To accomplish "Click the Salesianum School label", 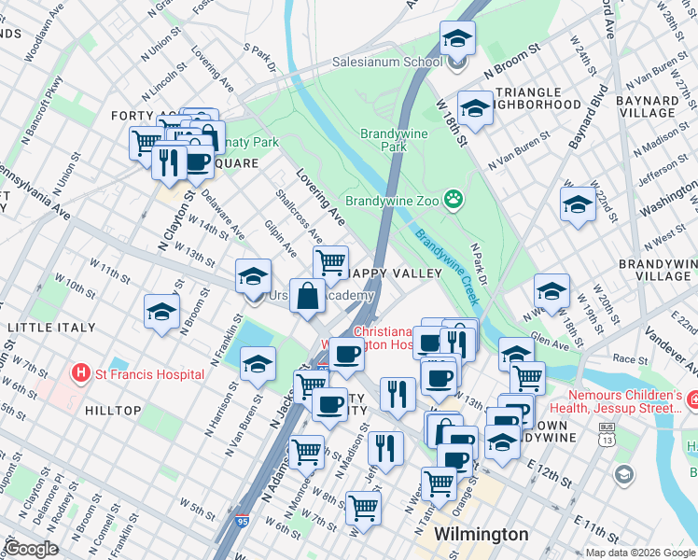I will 387,63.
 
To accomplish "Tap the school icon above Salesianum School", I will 456,39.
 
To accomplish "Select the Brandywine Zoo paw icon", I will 454,198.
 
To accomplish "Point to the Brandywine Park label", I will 395,140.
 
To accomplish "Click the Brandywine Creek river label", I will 446,265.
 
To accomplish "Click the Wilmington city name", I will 482,535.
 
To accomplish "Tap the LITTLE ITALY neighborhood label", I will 51,328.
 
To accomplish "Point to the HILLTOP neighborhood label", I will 113,411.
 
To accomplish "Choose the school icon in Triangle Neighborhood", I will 475,109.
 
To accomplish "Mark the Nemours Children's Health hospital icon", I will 691,399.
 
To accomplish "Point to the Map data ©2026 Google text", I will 638,553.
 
